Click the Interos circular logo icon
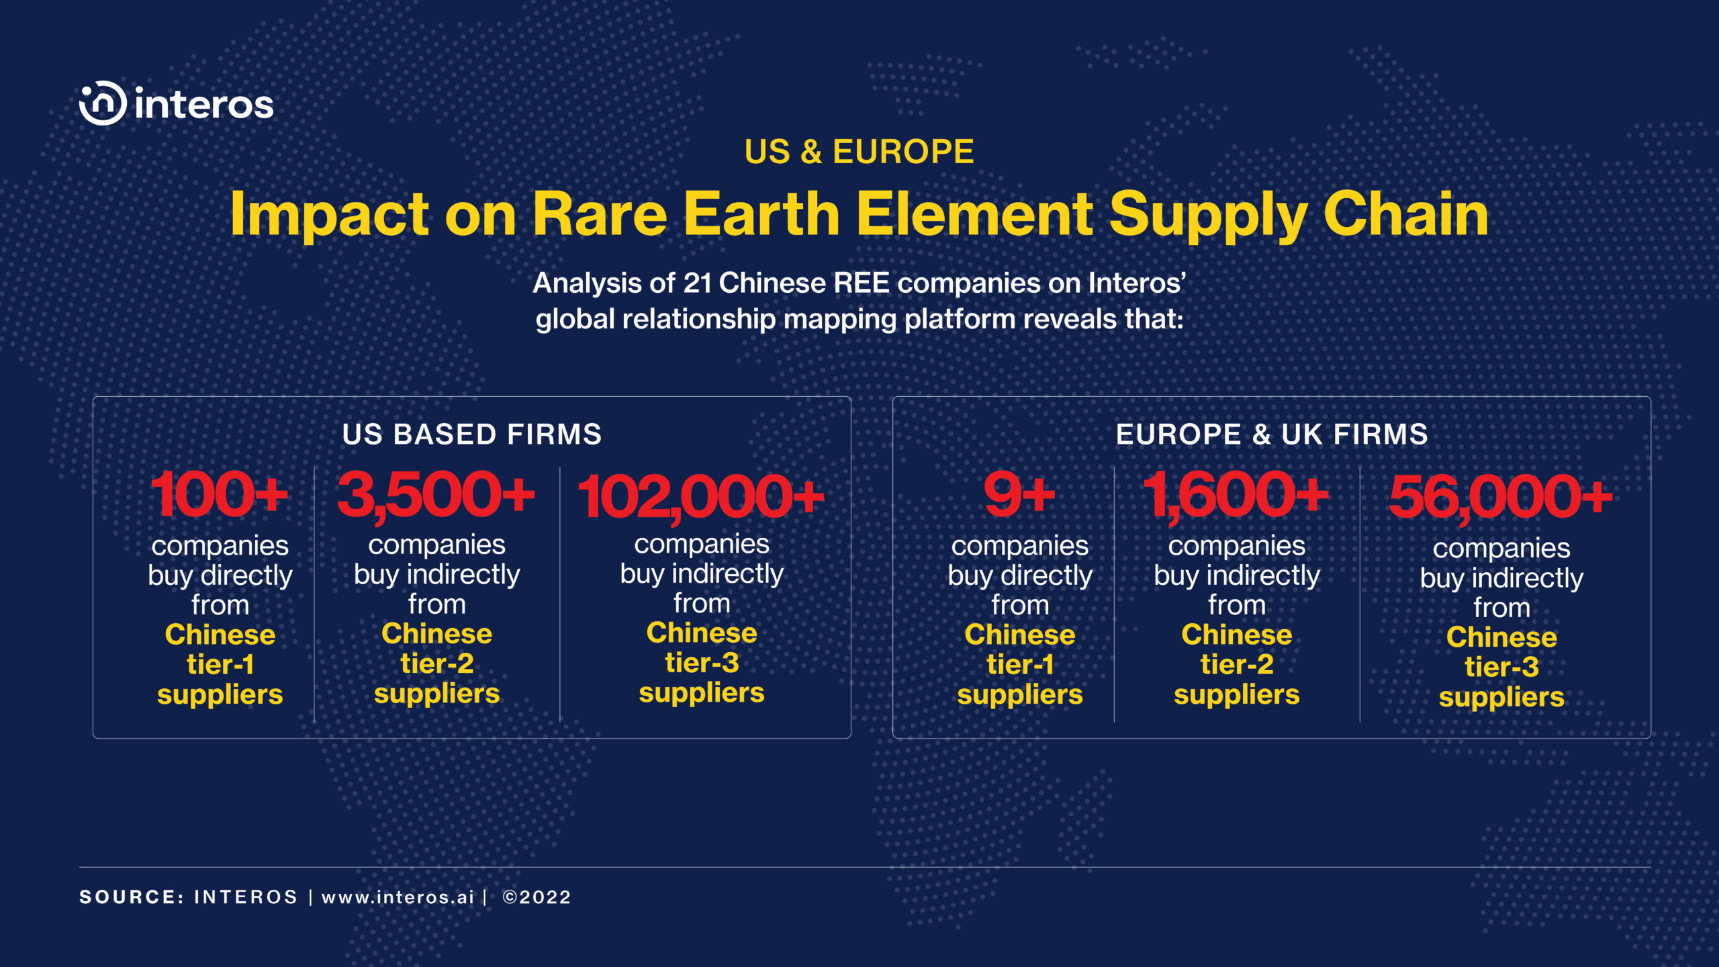(102, 103)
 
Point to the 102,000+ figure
(701, 498)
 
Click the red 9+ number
(1020, 495)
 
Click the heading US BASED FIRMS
(472, 434)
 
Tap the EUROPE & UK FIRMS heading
(1272, 434)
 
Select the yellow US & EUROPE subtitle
(859, 152)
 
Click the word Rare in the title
(600, 214)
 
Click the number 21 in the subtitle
(698, 283)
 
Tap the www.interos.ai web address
(398, 897)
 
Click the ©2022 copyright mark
(537, 897)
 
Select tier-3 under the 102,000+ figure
(702, 663)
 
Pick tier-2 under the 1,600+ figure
(1237, 665)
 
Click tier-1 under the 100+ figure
(220, 665)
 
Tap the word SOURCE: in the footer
(132, 897)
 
